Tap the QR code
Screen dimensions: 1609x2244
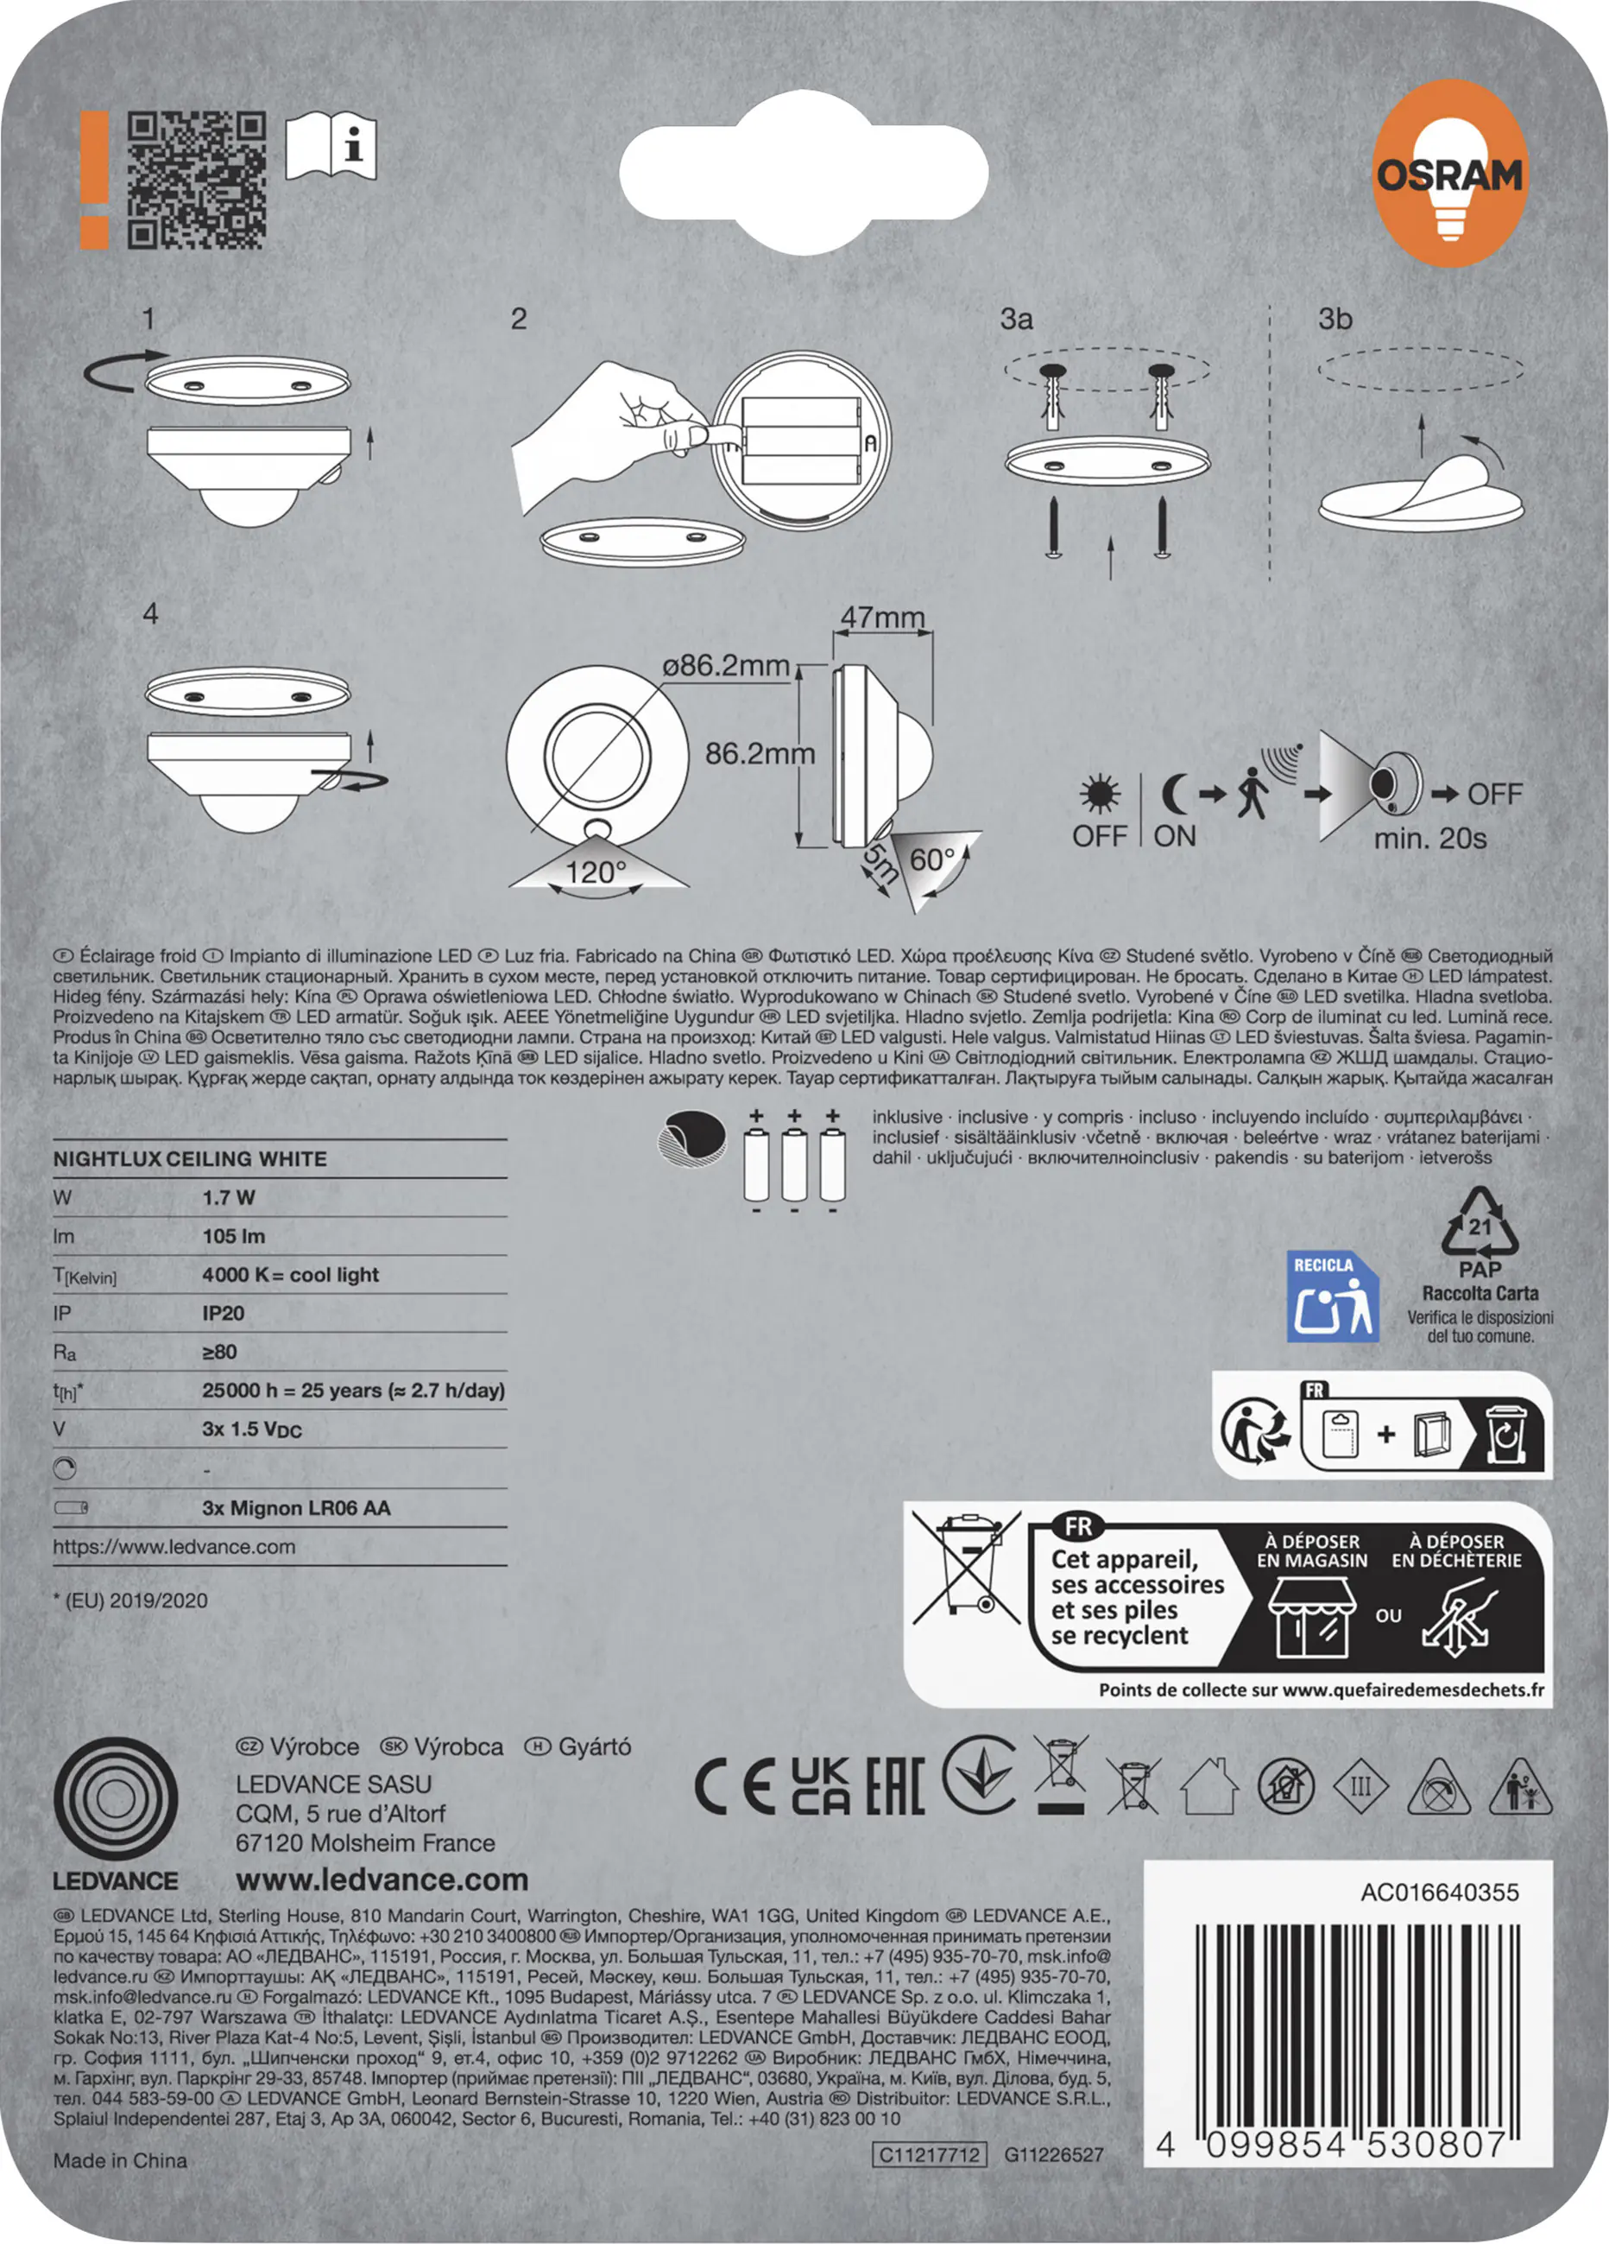[x=197, y=179]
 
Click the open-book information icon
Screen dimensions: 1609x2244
[x=331, y=147]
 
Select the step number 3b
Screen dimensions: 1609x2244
[x=1335, y=319]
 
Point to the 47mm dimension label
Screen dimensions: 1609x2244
[x=882, y=618]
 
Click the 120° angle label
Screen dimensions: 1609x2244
[x=596, y=872]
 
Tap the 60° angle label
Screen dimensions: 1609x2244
[x=932, y=859]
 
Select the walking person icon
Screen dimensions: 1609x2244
[x=1251, y=793]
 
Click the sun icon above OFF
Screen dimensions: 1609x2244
[x=1100, y=795]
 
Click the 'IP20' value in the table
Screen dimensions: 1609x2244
[x=223, y=1313]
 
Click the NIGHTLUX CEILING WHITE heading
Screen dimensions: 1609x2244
[x=190, y=1158]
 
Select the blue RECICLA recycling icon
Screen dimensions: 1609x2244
[x=1332, y=1296]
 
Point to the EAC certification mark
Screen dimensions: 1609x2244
[x=895, y=1787]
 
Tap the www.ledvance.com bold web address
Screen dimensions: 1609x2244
[x=382, y=1879]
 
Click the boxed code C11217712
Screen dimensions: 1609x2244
[x=929, y=2155]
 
